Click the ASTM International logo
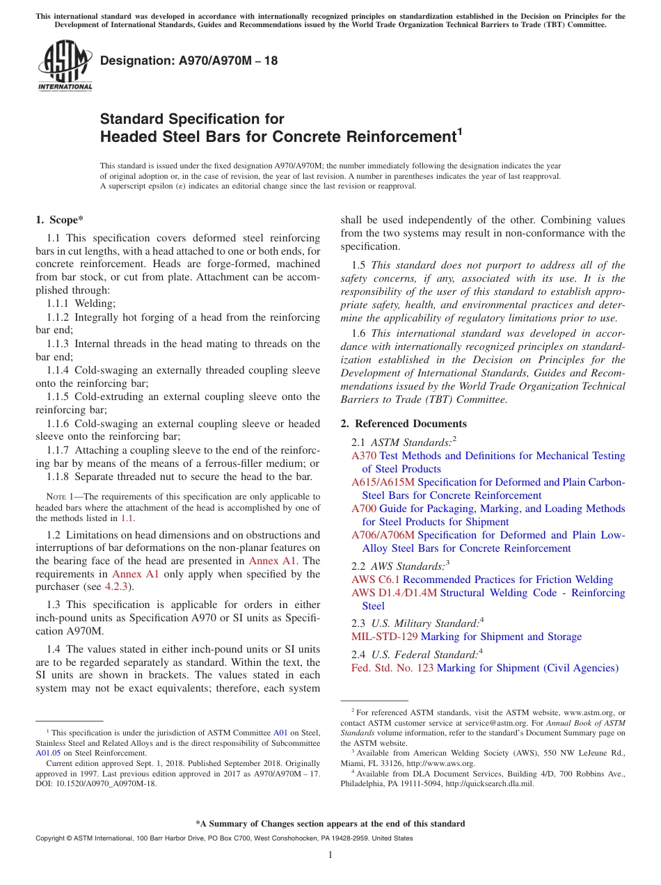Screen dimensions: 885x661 pos(65,66)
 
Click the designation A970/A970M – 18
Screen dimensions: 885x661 pos(189,61)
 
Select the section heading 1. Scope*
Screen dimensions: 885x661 pos(60,220)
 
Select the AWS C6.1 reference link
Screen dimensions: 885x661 pos(376,580)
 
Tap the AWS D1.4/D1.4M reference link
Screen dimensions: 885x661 pos(394,593)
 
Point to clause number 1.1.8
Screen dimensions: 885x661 pos(59,477)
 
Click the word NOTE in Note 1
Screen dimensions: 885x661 pos(56,497)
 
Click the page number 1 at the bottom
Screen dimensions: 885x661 pos(330,855)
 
